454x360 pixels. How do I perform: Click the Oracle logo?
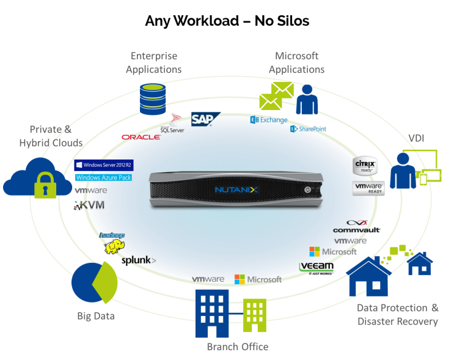coord(141,137)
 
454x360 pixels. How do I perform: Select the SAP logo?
coord(202,119)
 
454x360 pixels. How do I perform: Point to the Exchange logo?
coord(269,120)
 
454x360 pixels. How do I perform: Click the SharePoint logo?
coord(308,129)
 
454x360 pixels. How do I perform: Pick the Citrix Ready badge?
coord(366,166)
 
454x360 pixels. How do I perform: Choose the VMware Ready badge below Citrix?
coord(368,188)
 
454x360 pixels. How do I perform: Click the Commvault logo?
coord(356,230)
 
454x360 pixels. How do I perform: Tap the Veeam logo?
coord(317,267)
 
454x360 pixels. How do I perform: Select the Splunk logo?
coord(137,260)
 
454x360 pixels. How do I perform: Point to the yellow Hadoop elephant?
coord(114,247)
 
